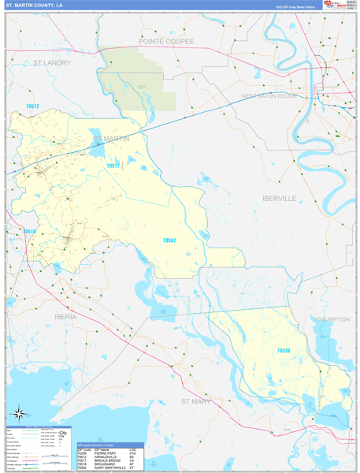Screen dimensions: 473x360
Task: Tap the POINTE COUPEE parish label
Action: pos(166,39)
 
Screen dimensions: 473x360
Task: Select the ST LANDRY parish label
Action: pos(52,61)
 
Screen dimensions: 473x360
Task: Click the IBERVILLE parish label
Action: pos(279,199)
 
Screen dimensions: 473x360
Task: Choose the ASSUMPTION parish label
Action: pos(332,319)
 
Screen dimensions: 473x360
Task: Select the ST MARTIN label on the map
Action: pos(111,140)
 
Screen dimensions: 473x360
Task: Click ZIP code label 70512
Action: pos(32,106)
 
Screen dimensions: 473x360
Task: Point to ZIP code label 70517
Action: pos(113,166)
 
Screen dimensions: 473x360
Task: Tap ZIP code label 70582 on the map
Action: pos(169,240)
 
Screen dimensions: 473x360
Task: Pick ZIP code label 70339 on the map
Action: pos(284,350)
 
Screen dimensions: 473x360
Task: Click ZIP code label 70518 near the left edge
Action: pos(29,231)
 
